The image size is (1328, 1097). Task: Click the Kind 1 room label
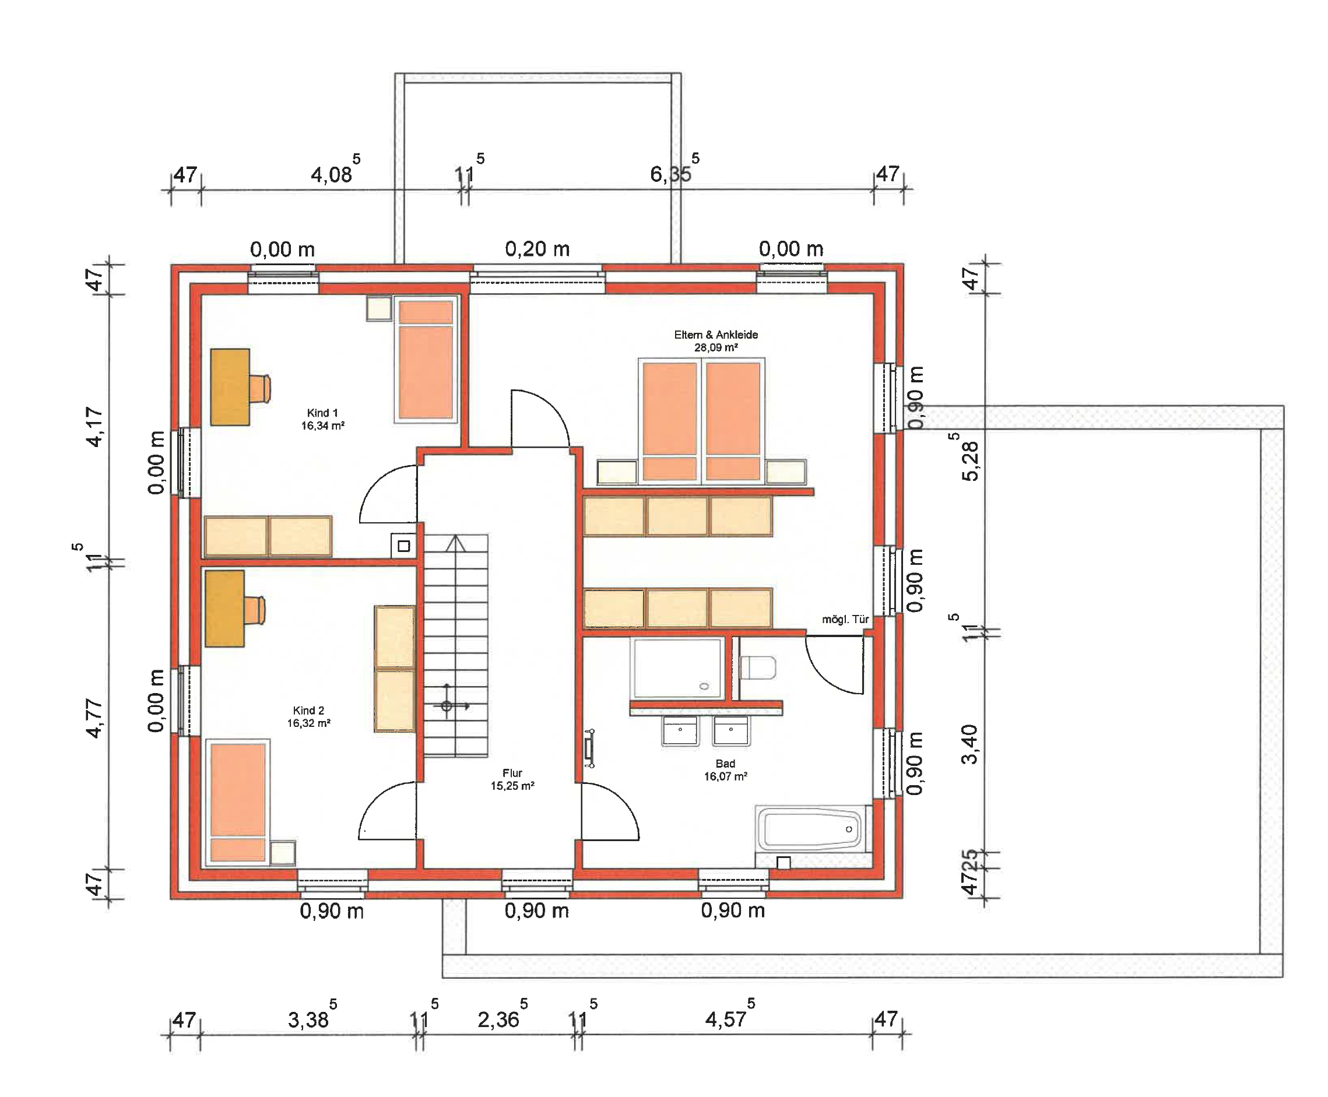[322, 419]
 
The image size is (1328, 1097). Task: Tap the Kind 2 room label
[308, 716]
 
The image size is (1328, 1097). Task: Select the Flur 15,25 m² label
[512, 779]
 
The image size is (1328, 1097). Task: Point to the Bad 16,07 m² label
[725, 769]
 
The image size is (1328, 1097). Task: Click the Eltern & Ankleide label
[715, 340]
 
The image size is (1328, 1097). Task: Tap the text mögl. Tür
[845, 619]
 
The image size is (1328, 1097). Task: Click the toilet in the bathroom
[758, 667]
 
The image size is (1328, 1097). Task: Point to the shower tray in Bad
[677, 668]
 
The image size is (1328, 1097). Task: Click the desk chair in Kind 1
[261, 388]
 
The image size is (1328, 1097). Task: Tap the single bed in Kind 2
[238, 801]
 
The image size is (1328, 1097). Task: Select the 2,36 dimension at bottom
[498, 1019]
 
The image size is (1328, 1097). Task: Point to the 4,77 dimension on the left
[94, 718]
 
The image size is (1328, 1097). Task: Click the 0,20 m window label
[537, 248]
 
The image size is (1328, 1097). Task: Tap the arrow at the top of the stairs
[455, 543]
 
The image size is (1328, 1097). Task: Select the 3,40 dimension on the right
[969, 744]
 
